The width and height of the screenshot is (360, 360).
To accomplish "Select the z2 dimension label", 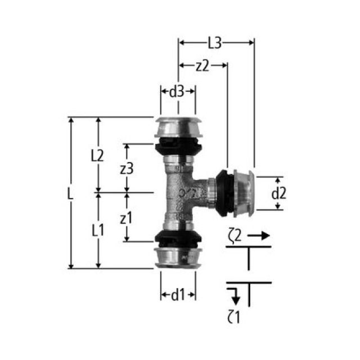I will point(202,66).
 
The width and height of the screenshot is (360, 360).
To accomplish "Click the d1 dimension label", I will point(178,294).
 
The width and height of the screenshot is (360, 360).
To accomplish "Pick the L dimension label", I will point(69,193).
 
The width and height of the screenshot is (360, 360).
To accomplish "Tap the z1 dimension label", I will point(127,218).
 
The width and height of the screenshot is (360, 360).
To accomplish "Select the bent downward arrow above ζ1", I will point(233,294).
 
